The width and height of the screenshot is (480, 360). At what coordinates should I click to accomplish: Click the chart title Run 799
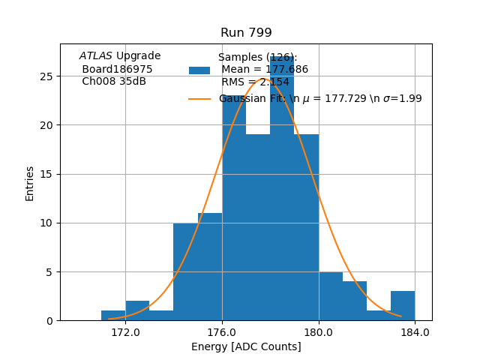(246, 33)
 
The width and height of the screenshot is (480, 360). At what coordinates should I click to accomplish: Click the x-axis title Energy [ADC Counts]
(246, 346)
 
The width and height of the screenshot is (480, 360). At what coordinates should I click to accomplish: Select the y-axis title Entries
(30, 183)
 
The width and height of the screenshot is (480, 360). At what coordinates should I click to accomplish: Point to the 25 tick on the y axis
(46, 76)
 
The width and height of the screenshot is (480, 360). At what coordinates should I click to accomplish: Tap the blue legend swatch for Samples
(199, 70)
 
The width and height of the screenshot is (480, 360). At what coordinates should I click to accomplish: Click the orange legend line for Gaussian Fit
(199, 98)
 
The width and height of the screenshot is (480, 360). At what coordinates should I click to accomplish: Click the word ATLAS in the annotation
(96, 55)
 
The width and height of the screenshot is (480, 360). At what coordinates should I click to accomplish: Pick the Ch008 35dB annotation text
(114, 82)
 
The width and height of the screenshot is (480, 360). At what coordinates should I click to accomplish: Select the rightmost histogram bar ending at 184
(403, 306)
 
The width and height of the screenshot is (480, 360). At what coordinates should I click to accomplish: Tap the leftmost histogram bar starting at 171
(113, 316)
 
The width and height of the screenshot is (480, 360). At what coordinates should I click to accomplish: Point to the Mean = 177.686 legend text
(265, 70)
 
